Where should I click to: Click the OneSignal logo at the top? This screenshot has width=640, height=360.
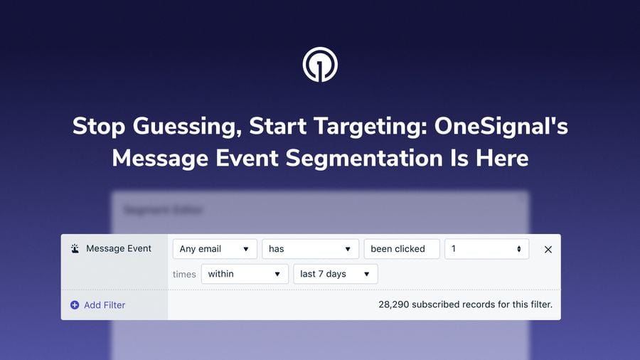[320, 65]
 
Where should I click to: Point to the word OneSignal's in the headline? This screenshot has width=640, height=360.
[502, 127]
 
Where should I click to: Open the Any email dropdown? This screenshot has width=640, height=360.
[215, 249]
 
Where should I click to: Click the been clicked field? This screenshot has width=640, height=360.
[401, 249]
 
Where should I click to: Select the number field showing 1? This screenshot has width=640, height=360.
[486, 249]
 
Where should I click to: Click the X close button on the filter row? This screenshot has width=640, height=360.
[548, 250]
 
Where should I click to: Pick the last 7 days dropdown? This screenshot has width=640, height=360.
[336, 274]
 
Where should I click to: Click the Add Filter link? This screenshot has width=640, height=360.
[105, 305]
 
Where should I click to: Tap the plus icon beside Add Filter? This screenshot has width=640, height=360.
[75, 305]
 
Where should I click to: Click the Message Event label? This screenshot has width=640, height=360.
[119, 249]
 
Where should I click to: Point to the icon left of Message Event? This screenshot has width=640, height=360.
[75, 249]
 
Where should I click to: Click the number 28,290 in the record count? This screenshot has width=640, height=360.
[394, 305]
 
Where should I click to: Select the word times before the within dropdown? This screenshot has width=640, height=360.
[184, 275]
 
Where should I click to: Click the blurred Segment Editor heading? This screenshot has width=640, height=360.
[164, 210]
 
